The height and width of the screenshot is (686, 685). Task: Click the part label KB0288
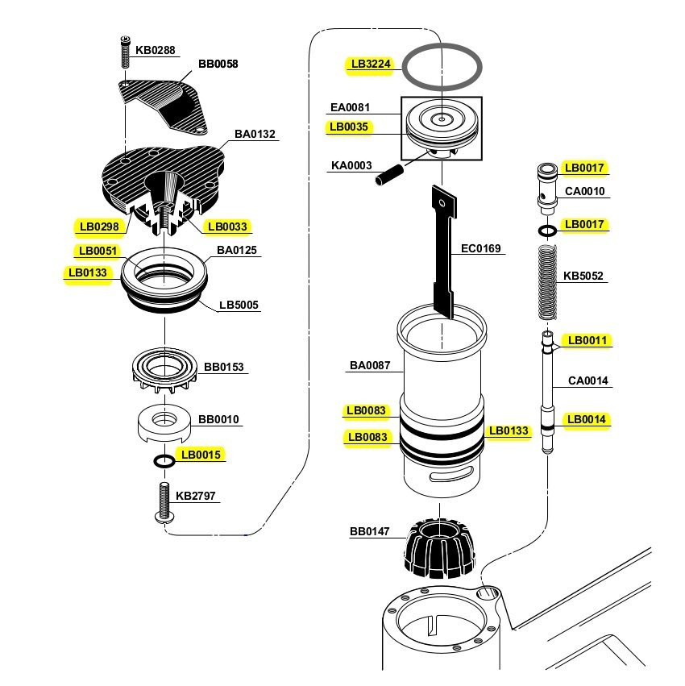pos(155,50)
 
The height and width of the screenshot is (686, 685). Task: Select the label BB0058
pos(218,64)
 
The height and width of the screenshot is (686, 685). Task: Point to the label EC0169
pos(481,249)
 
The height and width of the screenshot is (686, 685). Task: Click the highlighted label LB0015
pos(201,455)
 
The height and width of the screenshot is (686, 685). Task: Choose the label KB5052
pos(583,276)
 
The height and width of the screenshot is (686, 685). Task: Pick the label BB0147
pos(369,532)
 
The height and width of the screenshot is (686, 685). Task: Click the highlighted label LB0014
pos(586,419)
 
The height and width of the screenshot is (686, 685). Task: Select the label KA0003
pos(351,166)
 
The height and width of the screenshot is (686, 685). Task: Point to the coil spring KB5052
pos(547,282)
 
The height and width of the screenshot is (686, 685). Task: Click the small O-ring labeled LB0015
pos(164,462)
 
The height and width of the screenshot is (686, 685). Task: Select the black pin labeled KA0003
pos(388,174)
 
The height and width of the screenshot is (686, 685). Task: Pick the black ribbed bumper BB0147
pos(440,548)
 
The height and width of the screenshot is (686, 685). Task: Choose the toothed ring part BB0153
pos(164,372)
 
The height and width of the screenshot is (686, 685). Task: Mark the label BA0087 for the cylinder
pos(369,366)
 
